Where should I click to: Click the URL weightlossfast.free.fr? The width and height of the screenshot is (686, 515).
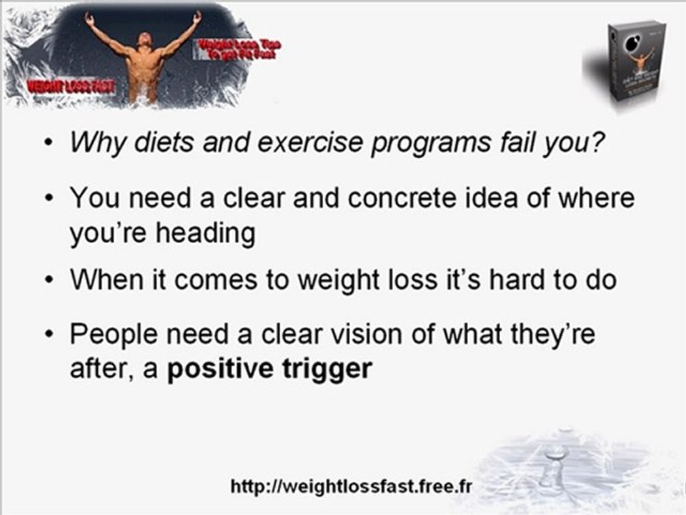[x=352, y=487]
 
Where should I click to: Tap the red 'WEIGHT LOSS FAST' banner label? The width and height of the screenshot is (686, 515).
[x=70, y=87]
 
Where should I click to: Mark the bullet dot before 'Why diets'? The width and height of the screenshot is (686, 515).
[x=48, y=143]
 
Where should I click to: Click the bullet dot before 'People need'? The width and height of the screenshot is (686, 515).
[x=48, y=335]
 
